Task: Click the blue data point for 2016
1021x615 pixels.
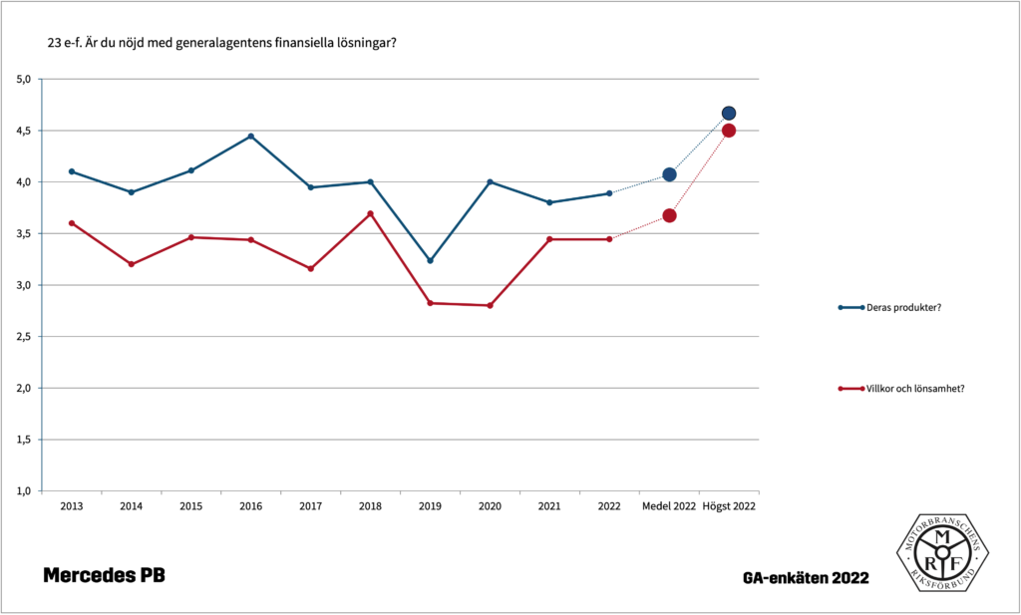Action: pyautogui.click(x=250, y=136)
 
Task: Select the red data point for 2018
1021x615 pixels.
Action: pyautogui.click(x=370, y=214)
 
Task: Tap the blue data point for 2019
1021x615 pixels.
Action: pyautogui.click(x=430, y=260)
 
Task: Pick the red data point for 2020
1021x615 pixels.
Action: pyautogui.click(x=490, y=305)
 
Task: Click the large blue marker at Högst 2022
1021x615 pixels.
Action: pyautogui.click(x=729, y=114)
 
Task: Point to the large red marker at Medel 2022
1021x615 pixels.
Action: pyautogui.click(x=669, y=215)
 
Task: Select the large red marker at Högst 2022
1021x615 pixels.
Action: pyautogui.click(x=729, y=131)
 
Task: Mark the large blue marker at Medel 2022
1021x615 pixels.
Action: pyautogui.click(x=669, y=174)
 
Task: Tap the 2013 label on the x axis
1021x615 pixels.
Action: pyautogui.click(x=71, y=506)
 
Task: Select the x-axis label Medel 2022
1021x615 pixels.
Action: pyautogui.click(x=669, y=506)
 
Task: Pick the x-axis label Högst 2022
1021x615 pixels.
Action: pyautogui.click(x=729, y=506)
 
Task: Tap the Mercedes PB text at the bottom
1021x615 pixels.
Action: pyautogui.click(x=104, y=576)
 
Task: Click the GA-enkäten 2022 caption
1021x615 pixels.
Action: pyautogui.click(x=806, y=578)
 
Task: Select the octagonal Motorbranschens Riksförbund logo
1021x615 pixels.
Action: pyautogui.click(x=942, y=552)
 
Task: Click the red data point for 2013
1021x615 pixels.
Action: pyautogui.click(x=71, y=223)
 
